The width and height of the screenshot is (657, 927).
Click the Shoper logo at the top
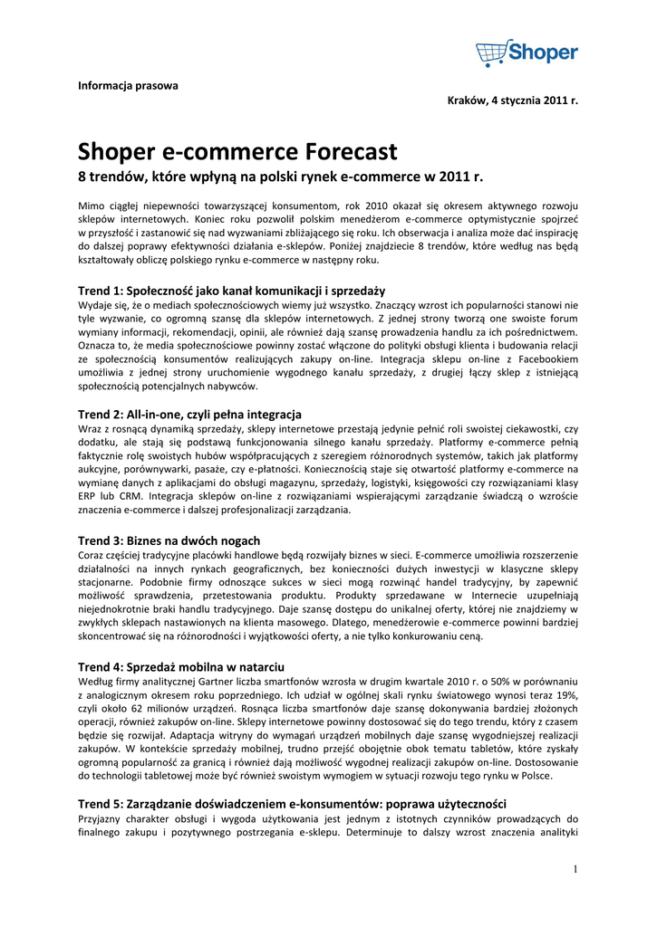(527, 53)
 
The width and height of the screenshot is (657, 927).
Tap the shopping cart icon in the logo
(491, 53)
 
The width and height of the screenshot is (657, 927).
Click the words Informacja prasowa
(128, 86)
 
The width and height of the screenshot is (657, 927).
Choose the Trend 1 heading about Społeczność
(231, 291)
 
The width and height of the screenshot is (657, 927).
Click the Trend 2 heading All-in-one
(189, 414)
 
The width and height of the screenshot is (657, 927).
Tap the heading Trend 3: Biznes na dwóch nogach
(169, 540)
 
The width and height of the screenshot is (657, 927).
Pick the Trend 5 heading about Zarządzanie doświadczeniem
(291, 804)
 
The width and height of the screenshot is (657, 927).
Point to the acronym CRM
(123, 496)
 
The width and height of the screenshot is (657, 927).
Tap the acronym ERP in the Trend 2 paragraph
(88, 496)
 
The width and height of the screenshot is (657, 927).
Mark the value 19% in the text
(565, 694)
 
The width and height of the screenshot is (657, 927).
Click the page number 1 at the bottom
(575, 870)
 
